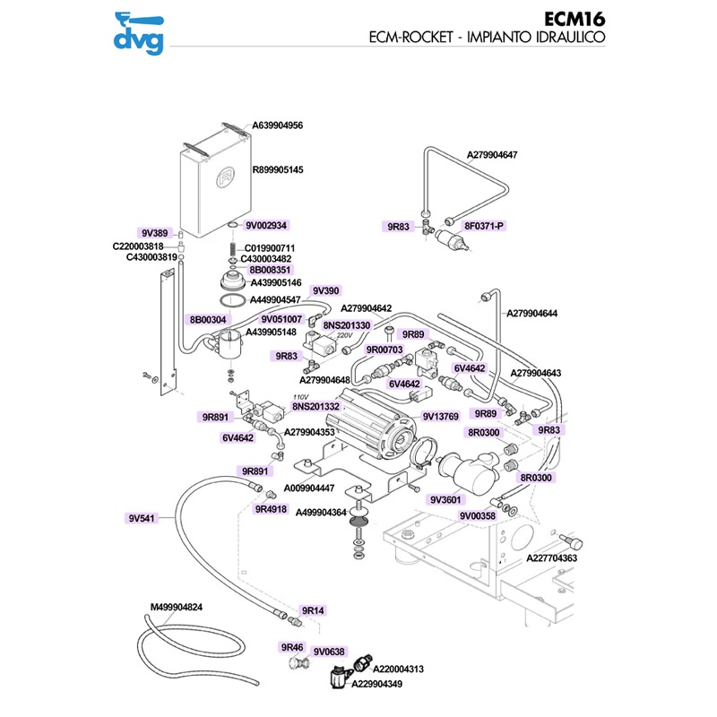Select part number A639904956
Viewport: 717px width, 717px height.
278,126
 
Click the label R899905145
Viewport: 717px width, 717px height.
278,170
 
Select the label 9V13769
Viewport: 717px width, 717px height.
440,417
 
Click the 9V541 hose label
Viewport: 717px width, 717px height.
142,517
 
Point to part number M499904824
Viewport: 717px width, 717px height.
177,607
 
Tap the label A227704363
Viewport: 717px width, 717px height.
550,558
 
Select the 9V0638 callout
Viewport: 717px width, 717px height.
329,652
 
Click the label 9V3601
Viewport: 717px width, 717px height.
445,499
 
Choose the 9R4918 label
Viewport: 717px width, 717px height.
271,509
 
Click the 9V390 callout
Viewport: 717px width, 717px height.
325,291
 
